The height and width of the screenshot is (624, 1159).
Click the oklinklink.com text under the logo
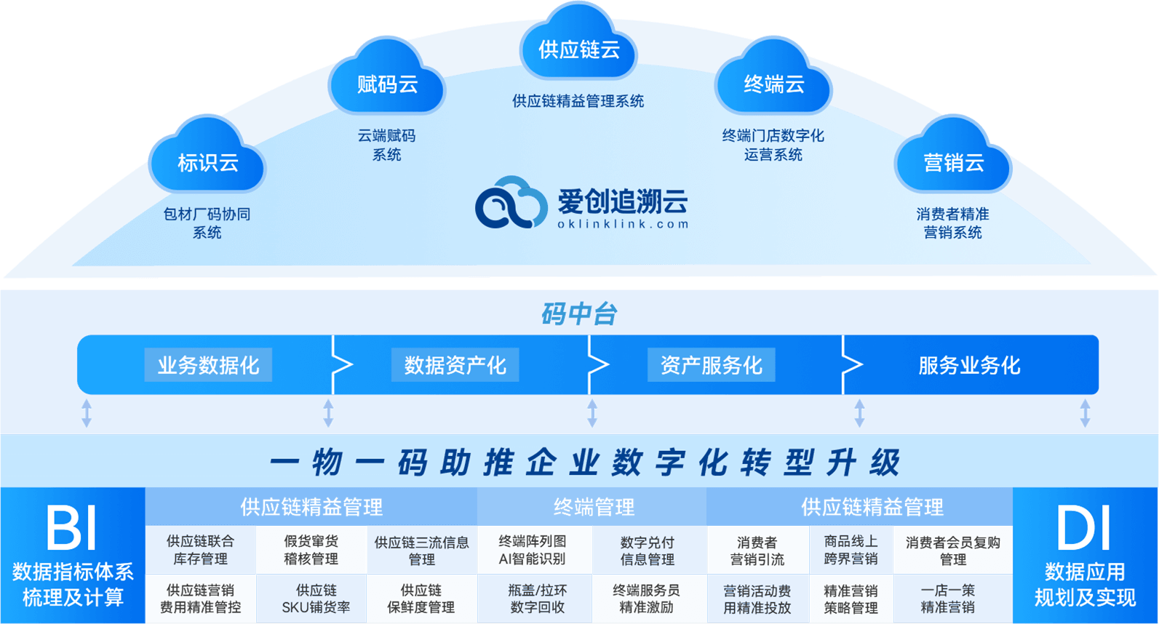pyautogui.click(x=623, y=224)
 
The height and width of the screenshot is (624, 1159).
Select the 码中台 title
pyautogui.click(x=579, y=313)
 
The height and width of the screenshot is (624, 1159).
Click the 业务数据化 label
pyautogui.click(x=208, y=365)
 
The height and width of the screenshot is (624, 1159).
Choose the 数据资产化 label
pyautogui.click(x=455, y=365)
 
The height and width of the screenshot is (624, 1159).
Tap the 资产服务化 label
pyautogui.click(x=711, y=365)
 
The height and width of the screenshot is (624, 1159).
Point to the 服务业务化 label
pyautogui.click(x=969, y=365)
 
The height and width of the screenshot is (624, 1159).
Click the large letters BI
pyautogui.click(x=71, y=529)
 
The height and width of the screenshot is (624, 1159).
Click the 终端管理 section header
pyautogui.click(x=594, y=507)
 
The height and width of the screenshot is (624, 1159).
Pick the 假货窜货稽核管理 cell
pyautogui.click(x=311, y=550)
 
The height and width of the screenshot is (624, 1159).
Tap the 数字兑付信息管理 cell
pyautogui.click(x=647, y=551)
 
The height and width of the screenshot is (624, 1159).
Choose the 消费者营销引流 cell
pyautogui.click(x=757, y=551)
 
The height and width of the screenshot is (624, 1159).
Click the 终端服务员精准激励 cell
pyautogui.click(x=647, y=599)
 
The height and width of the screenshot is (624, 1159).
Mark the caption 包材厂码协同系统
pyautogui.click(x=207, y=223)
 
